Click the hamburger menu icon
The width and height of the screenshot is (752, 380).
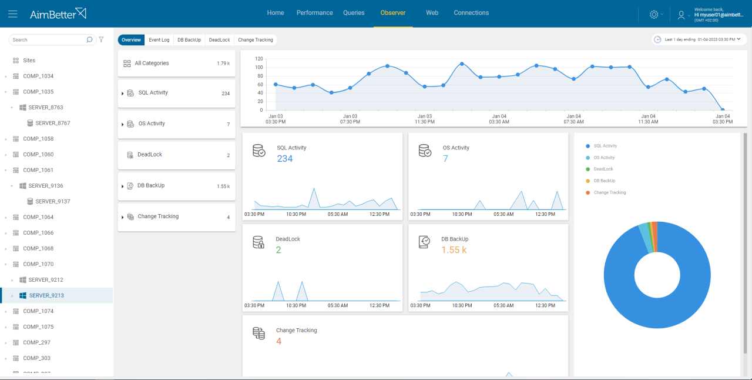point(13,14)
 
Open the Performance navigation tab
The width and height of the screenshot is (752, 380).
point(314,13)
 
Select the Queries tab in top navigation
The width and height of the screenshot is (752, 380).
point(354,13)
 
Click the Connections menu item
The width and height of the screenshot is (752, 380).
point(471,13)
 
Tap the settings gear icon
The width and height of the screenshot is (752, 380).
point(654,14)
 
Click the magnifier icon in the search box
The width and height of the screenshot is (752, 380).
point(89,40)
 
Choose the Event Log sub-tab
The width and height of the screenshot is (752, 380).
point(159,40)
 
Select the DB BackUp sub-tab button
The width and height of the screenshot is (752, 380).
point(189,40)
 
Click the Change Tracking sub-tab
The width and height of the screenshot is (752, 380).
point(255,40)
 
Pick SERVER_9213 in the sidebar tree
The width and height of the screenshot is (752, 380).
point(46,295)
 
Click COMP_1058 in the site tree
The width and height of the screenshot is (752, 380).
point(38,139)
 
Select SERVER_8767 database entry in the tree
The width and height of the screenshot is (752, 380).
point(52,123)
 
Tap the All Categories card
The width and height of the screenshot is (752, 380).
point(176,64)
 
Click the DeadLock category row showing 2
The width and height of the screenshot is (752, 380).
point(176,155)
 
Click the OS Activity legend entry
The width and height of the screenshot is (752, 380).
point(603,158)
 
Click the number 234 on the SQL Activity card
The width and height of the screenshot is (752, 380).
point(285,159)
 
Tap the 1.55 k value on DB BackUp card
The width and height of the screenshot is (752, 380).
point(454,250)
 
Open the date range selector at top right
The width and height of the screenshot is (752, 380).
point(698,39)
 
